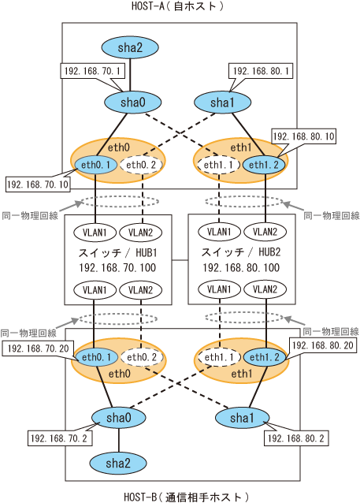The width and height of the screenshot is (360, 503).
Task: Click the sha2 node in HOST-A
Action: click(x=130, y=47)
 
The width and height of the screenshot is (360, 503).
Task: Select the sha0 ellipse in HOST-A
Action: click(x=132, y=102)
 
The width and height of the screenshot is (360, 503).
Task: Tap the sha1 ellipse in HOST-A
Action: click(x=222, y=102)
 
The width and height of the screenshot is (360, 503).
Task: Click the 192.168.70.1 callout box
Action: click(x=92, y=71)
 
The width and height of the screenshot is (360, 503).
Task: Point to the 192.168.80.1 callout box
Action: click(x=261, y=71)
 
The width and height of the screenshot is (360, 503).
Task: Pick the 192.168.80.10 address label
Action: click(x=303, y=136)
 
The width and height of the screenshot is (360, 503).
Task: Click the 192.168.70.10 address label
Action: click(x=38, y=184)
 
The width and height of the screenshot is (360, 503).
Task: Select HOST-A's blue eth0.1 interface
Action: click(x=95, y=165)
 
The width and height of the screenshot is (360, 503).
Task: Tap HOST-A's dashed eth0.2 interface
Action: click(x=141, y=165)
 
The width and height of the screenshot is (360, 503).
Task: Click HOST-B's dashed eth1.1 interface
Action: click(x=219, y=357)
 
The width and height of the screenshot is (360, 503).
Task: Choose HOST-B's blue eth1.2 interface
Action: click(x=265, y=357)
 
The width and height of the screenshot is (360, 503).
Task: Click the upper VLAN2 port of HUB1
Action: click(x=140, y=233)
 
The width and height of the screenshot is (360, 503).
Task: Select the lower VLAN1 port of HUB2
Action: click(x=219, y=289)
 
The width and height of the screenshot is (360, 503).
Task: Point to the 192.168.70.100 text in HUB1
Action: click(x=117, y=267)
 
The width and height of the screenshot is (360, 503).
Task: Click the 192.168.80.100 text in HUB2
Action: click(x=241, y=267)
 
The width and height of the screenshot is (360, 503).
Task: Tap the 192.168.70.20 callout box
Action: click(x=38, y=348)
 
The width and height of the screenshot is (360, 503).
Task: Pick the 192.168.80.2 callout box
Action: click(x=296, y=438)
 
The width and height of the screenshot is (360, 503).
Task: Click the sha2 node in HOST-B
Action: click(x=118, y=464)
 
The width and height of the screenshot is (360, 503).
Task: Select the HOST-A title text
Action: click(x=177, y=6)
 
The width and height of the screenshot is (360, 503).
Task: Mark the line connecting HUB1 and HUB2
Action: click(x=180, y=260)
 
